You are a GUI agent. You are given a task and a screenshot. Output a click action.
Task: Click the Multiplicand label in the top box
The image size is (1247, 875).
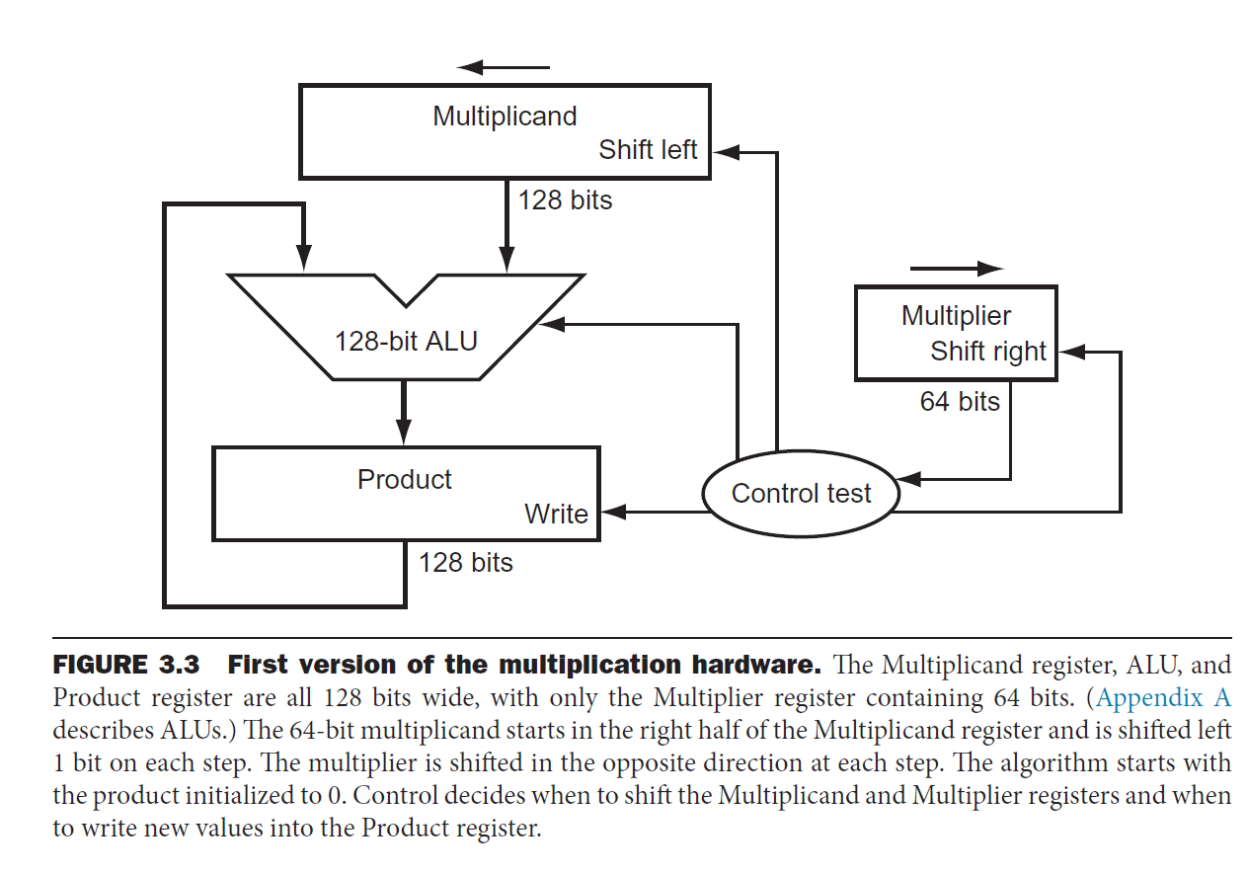[505, 117]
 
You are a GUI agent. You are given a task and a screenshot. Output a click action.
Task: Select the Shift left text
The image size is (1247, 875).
[648, 150]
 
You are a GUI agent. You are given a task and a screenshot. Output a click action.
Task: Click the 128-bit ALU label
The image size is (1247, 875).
[406, 342]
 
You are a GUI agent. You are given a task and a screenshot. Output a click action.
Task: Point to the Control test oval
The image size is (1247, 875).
[801, 494]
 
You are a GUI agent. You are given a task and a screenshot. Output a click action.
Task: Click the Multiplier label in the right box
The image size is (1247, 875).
[956, 316]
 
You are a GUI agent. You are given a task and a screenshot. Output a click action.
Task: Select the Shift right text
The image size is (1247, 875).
[988, 352]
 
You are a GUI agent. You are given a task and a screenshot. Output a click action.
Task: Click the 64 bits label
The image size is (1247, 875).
[960, 402]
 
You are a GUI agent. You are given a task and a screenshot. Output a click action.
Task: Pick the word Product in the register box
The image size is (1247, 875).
[405, 480]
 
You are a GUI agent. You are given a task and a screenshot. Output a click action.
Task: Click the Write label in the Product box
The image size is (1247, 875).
[556, 514]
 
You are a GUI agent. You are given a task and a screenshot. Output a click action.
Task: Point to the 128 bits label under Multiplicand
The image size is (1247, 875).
[566, 200]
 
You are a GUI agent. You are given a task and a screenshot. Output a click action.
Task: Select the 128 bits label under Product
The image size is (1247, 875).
[466, 563]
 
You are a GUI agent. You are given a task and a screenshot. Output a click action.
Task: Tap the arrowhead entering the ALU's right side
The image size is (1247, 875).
[550, 323]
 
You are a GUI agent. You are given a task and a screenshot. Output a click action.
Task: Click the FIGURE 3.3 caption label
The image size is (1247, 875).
[125, 665]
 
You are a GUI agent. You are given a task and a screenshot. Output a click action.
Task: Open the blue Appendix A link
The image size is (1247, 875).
[1164, 698]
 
